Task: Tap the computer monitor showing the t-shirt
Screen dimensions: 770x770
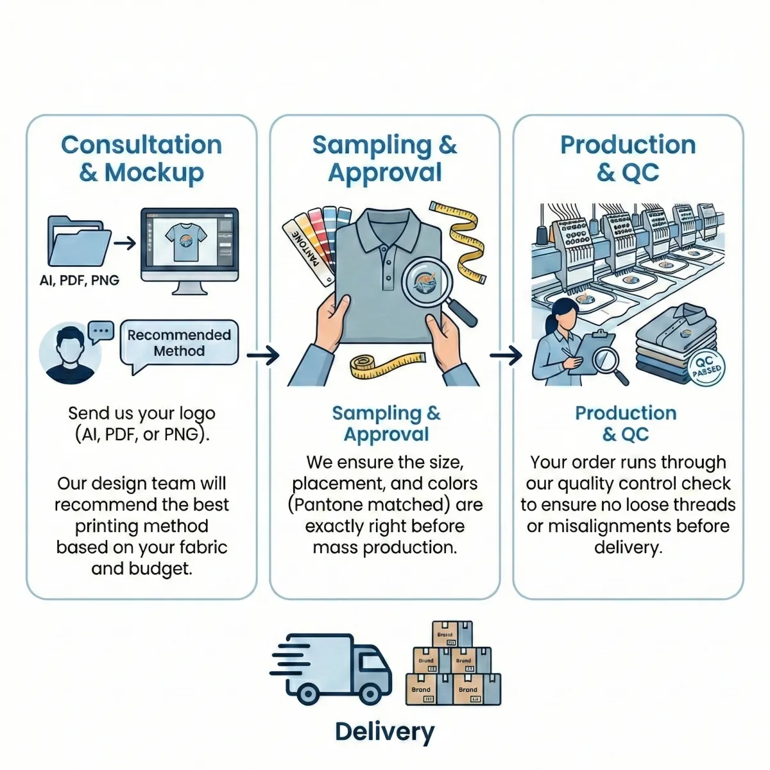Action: click(x=189, y=244)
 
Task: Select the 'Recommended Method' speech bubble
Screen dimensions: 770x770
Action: click(x=179, y=343)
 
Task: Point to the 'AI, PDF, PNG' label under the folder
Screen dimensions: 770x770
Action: click(x=79, y=280)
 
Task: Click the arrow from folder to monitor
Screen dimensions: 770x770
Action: click(x=124, y=243)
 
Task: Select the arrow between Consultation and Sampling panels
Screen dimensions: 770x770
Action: click(x=263, y=355)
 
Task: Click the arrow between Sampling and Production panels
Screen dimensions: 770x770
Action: click(x=506, y=355)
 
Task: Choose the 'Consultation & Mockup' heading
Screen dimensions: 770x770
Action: click(x=141, y=158)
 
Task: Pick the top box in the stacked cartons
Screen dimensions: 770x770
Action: click(x=452, y=635)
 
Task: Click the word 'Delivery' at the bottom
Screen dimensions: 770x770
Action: click(x=385, y=732)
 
